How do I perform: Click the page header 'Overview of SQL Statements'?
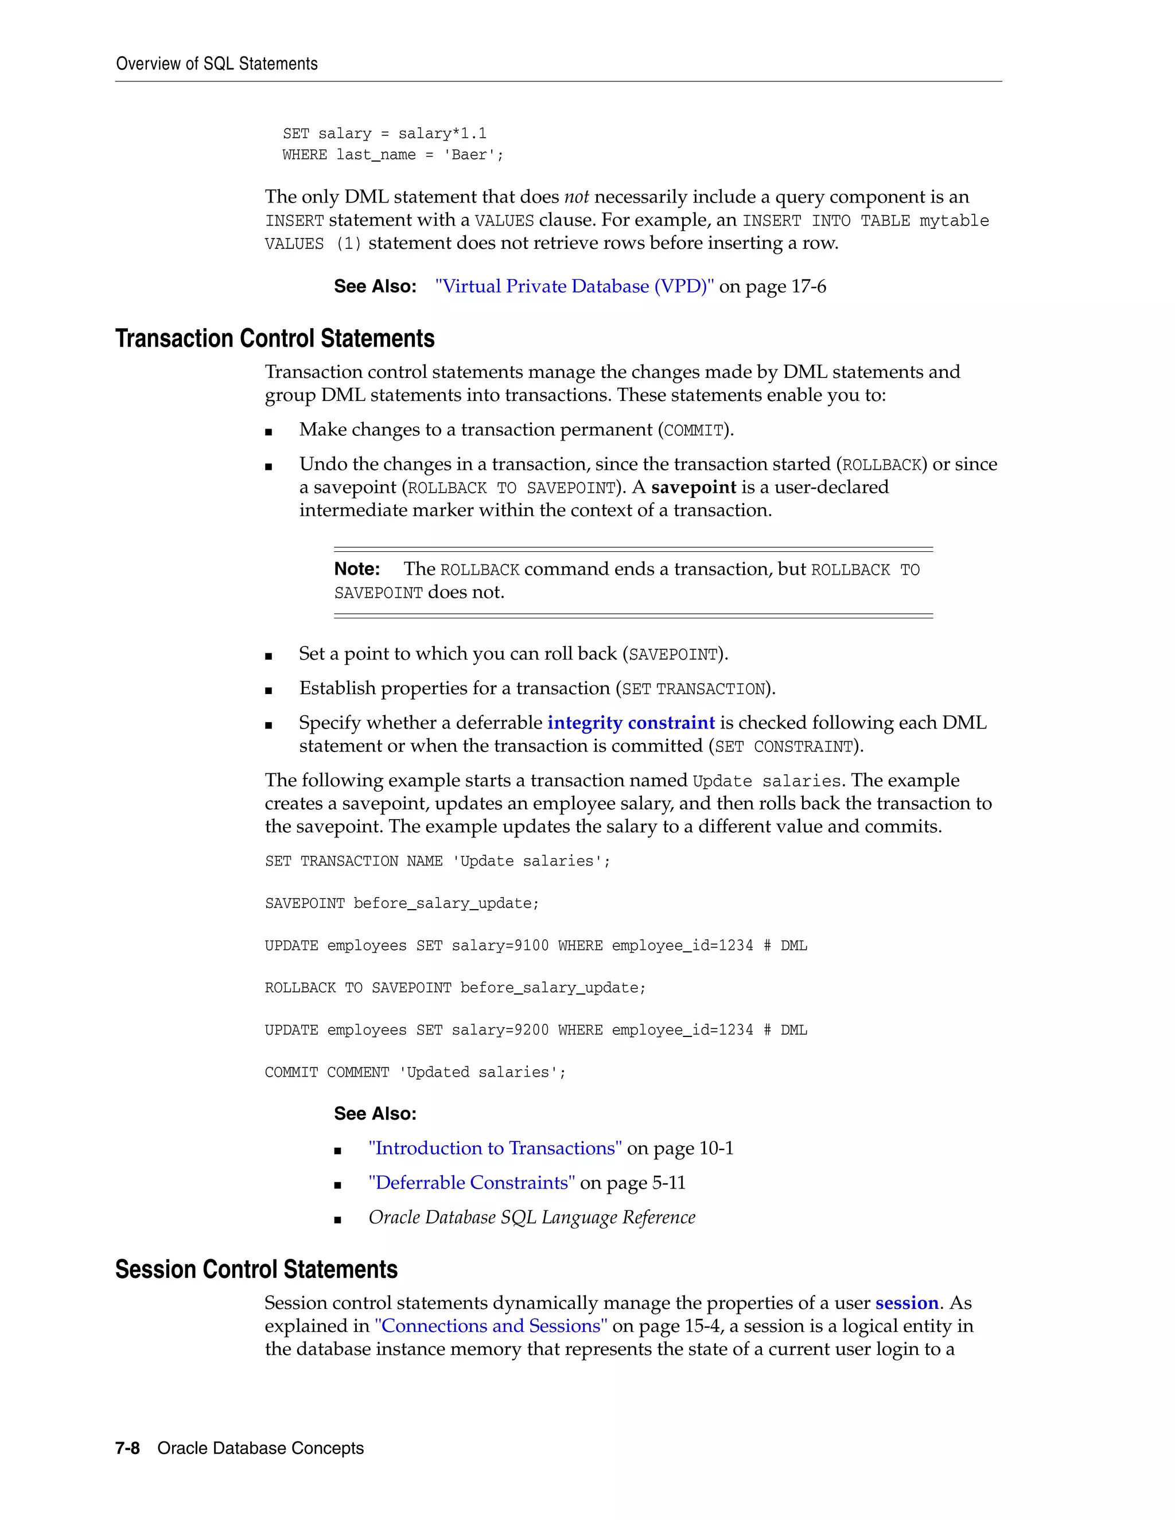[x=216, y=64]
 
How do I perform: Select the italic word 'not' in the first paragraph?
[x=577, y=198]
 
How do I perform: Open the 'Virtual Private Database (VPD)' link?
[x=574, y=287]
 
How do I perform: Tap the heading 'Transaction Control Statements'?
[x=274, y=339]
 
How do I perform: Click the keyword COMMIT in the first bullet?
[x=693, y=431]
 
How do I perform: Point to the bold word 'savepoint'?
[x=693, y=487]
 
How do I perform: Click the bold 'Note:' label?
[x=356, y=570]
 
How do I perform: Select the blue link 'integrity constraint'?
[x=631, y=723]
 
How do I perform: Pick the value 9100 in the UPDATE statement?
[x=531, y=946]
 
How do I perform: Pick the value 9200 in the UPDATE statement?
[x=531, y=1030]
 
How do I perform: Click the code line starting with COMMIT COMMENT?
[x=415, y=1073]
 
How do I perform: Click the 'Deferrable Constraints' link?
[x=471, y=1183]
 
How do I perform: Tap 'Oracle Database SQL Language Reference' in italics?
[x=532, y=1217]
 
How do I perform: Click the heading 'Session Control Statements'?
[x=256, y=1270]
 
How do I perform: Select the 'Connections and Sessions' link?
[x=491, y=1327]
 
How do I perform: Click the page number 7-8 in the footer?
[x=127, y=1448]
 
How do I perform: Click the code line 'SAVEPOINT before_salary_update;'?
[x=402, y=903]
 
